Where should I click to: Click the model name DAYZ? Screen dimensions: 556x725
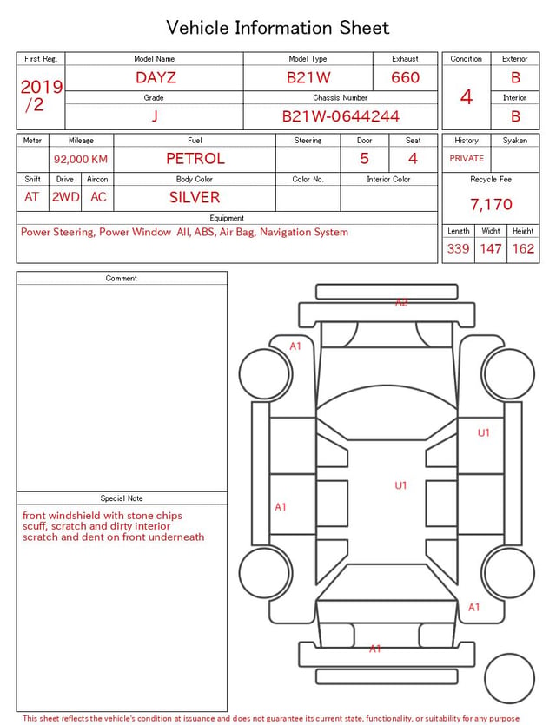pos(156,77)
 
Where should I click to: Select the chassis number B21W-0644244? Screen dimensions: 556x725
pos(341,116)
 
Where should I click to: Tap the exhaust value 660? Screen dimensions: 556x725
pos(405,77)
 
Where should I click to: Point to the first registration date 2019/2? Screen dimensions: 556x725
pos(41,96)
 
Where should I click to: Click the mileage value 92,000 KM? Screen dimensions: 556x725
pos(81,159)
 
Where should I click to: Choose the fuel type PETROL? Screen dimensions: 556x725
pos(195,159)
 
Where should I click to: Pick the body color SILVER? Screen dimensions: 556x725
pos(195,197)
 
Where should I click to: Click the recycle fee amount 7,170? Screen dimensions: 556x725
pos(491,204)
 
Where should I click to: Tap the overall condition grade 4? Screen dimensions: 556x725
pos(467,97)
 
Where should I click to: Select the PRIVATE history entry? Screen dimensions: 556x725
pos(467,158)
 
